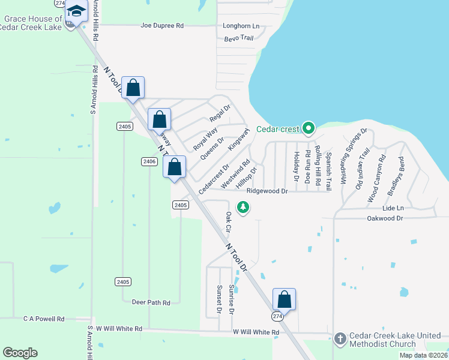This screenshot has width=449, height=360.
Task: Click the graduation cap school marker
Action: click(x=77, y=11)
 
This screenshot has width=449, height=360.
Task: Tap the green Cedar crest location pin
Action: click(x=309, y=128)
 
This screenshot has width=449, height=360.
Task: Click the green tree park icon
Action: click(x=243, y=208)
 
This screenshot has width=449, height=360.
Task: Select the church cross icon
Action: click(x=340, y=339)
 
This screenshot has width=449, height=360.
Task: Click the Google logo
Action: click(x=20, y=353)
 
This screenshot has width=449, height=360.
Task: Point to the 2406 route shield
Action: click(x=149, y=161)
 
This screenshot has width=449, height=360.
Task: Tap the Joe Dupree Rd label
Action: click(x=161, y=26)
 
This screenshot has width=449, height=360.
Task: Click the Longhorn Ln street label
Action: click(x=241, y=26)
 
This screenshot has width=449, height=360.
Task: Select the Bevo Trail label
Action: click(x=239, y=38)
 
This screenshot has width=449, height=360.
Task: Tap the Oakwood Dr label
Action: click(x=385, y=218)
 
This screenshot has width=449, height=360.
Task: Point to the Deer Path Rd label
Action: click(x=151, y=302)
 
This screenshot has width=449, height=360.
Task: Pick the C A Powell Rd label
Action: click(x=44, y=319)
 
